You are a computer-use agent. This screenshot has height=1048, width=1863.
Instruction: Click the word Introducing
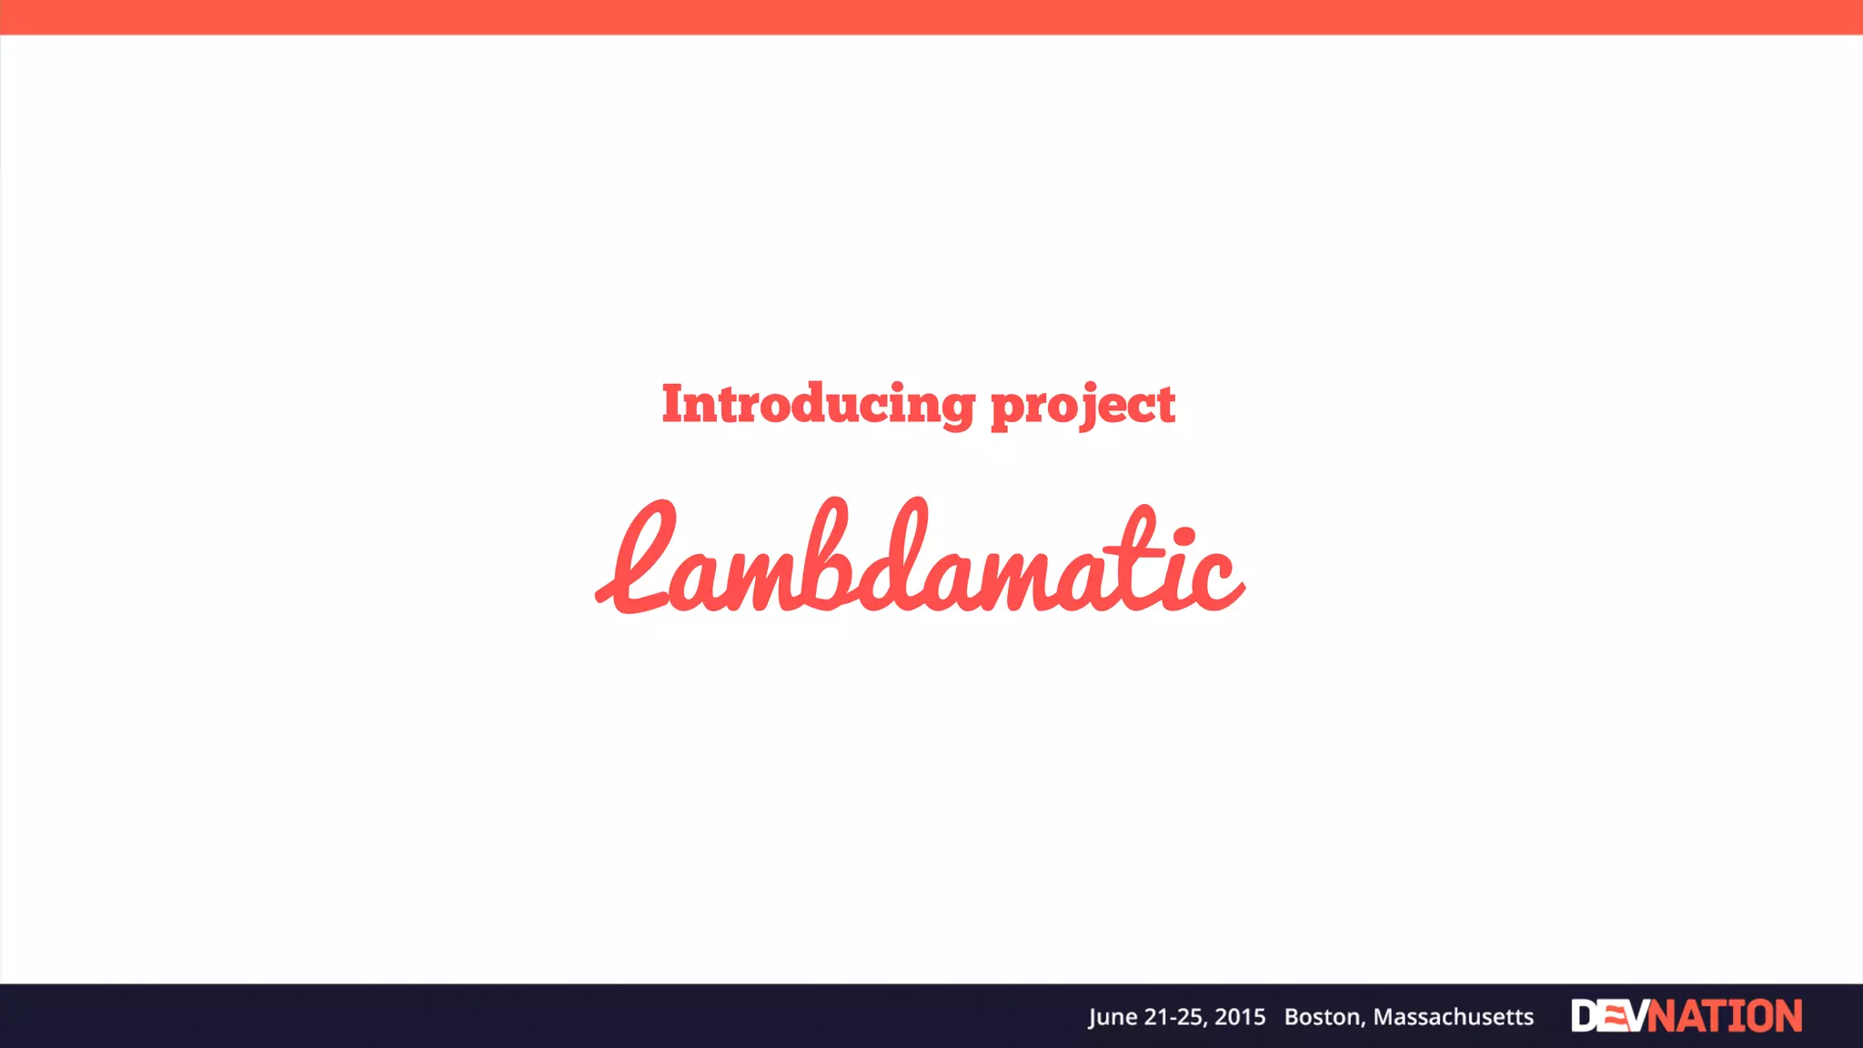[x=818, y=404]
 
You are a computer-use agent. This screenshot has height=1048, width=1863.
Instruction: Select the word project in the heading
[x=1083, y=406]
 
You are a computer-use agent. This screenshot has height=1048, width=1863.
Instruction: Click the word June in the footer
[x=1112, y=1017]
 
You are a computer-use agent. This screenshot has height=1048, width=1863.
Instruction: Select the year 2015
[x=1240, y=1017]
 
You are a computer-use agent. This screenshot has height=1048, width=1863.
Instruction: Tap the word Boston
[x=1324, y=1017]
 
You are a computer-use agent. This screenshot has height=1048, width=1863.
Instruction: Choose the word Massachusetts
[x=1454, y=1017]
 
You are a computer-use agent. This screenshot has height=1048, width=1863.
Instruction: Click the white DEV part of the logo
[x=1608, y=1016]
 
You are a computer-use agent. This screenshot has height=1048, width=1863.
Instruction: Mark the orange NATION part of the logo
[x=1726, y=1016]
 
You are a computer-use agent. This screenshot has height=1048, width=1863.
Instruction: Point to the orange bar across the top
[x=931, y=16]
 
